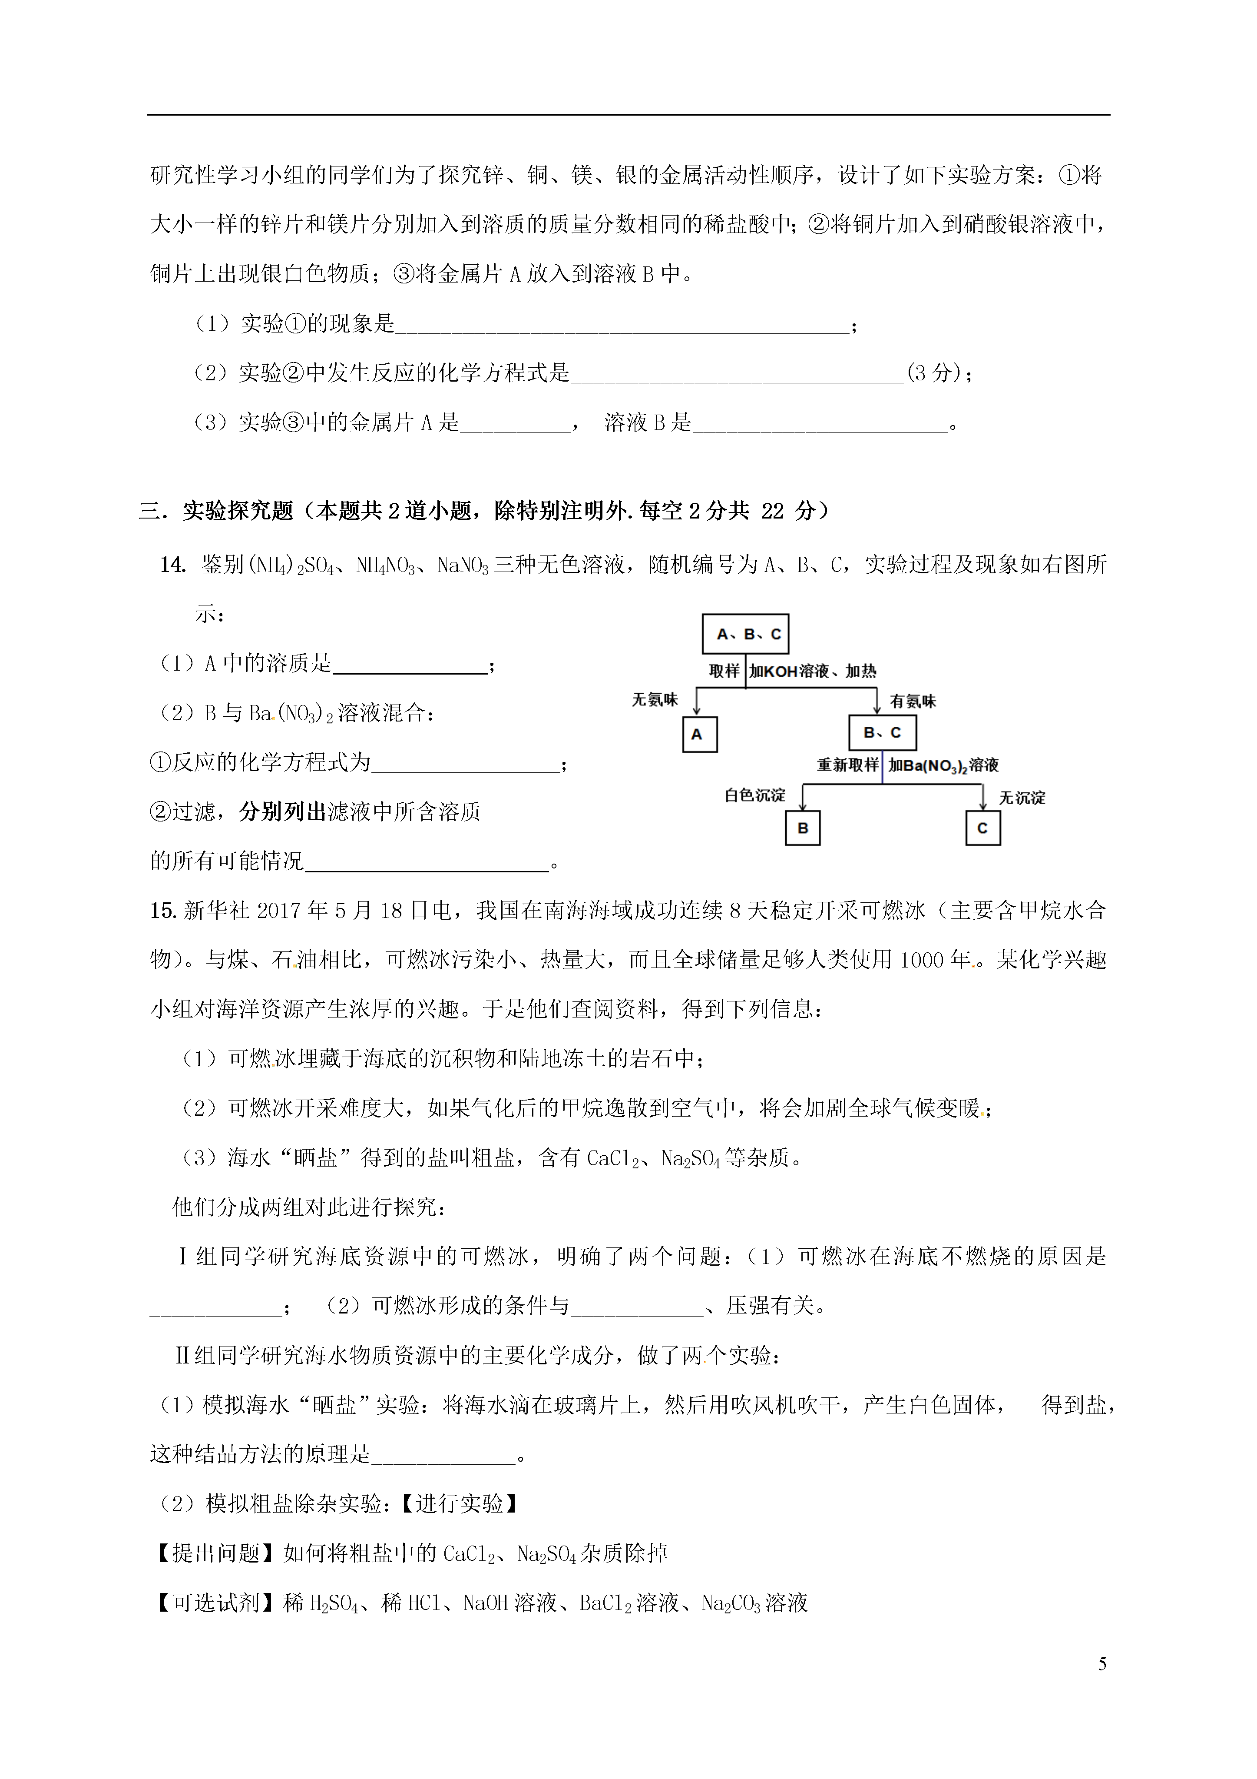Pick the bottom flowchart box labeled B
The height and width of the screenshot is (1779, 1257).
tap(802, 828)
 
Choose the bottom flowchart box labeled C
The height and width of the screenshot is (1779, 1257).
tap(983, 828)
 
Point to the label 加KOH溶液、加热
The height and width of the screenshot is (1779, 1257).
tap(812, 671)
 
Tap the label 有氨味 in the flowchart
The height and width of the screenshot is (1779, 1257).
tap(913, 701)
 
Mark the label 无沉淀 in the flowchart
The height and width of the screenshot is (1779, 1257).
tap(1022, 797)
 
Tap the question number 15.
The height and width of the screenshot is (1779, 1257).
tap(163, 911)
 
